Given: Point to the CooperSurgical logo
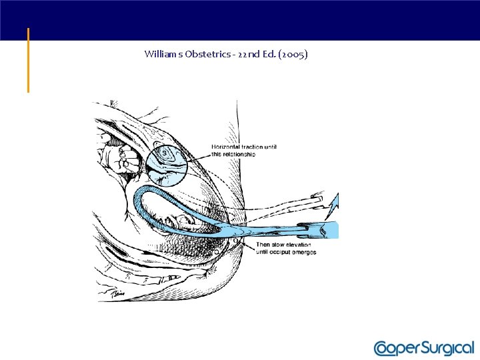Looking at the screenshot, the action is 423,348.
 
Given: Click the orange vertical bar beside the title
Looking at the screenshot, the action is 28,60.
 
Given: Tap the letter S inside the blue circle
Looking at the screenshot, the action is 164,153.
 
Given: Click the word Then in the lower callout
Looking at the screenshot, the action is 263,245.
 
